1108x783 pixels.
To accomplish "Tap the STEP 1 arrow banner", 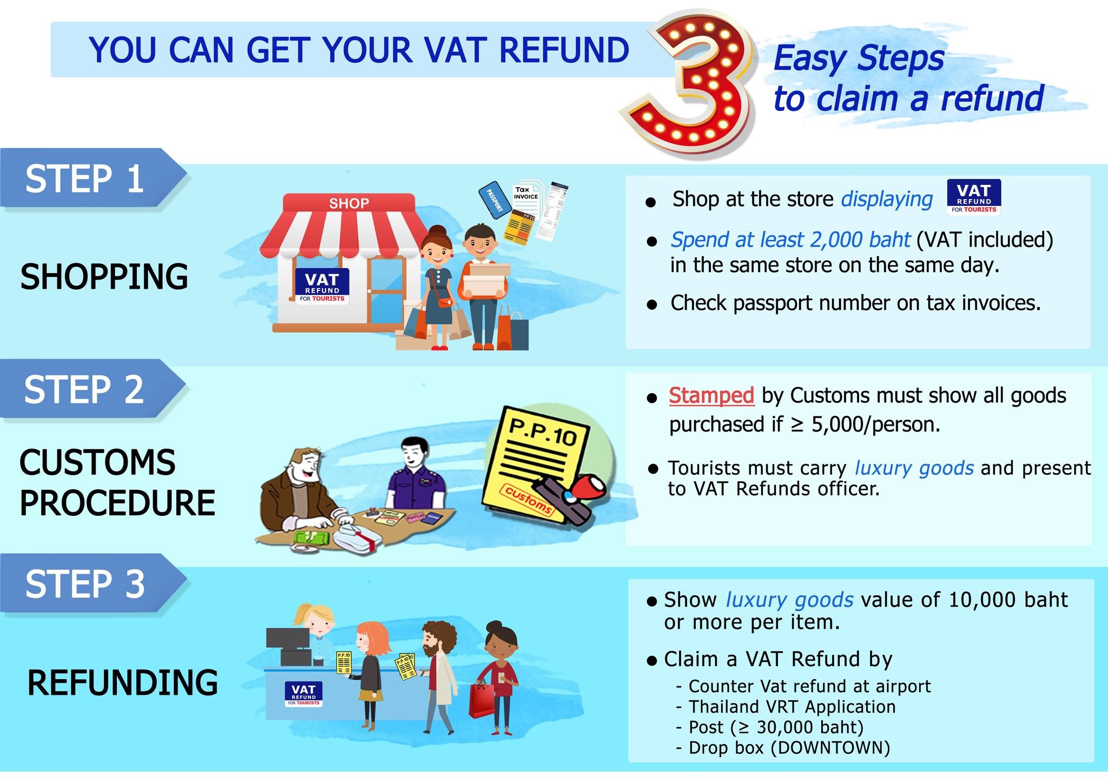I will click(x=87, y=178).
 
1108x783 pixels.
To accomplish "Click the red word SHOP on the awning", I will click(x=349, y=203).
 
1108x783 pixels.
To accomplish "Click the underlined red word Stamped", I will click(x=711, y=395).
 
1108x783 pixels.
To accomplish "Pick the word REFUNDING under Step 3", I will click(x=122, y=682).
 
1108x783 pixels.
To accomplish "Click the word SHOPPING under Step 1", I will click(x=104, y=277).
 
